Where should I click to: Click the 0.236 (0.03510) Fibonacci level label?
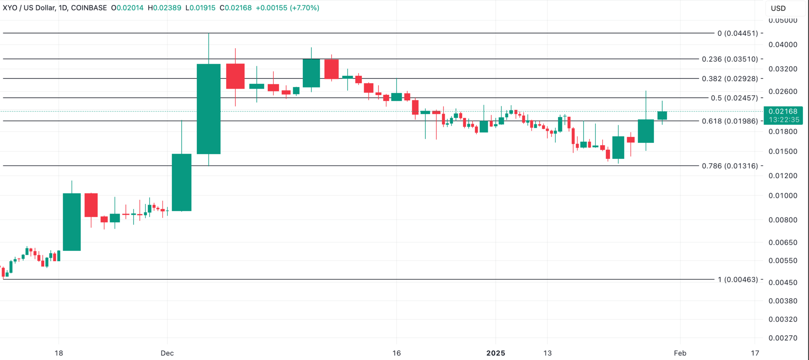[730, 59]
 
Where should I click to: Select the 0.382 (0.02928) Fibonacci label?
[730, 79]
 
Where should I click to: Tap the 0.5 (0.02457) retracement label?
[734, 98]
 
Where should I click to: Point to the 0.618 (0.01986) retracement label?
[730, 121]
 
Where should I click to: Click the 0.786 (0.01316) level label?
[730, 166]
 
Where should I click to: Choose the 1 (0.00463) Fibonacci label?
[738, 279]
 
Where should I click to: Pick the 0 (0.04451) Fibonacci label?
[738, 33]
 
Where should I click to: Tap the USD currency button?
[778, 8]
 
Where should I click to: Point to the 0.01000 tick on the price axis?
[783, 195]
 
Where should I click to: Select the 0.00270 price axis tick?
[783, 338]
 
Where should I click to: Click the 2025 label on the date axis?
[495, 353]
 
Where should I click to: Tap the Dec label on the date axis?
[167, 353]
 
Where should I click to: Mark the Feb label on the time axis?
[680, 353]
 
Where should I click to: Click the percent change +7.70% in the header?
[304, 8]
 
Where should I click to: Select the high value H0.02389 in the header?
[164, 8]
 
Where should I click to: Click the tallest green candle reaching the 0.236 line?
[208, 109]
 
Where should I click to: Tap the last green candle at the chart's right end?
[662, 116]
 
